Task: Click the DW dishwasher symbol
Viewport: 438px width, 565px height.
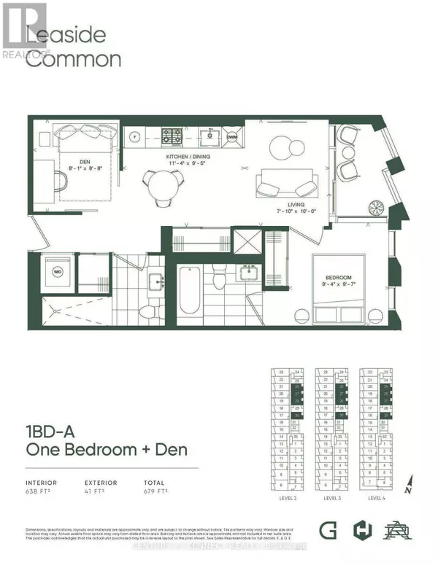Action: click(x=231, y=136)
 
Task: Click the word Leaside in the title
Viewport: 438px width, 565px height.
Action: click(x=66, y=35)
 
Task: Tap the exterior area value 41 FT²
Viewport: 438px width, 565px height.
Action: click(x=96, y=492)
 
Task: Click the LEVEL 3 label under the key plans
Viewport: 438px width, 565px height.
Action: click(x=330, y=498)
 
